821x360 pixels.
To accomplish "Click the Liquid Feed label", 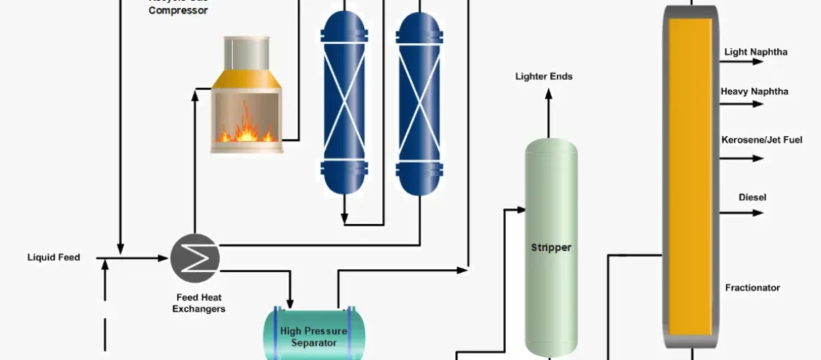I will [53, 257].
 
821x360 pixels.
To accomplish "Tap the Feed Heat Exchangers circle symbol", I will [195, 258].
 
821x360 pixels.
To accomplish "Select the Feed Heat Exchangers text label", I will [201, 303].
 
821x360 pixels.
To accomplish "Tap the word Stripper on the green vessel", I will [551, 248].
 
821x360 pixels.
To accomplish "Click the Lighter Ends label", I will [544, 76].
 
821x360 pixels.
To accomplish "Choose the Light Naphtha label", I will [755, 52].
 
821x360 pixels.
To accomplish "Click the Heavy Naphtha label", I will [754, 91].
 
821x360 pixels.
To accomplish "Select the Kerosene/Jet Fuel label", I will [761, 139].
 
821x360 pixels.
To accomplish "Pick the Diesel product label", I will [752, 197].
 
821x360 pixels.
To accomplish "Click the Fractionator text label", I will [752, 288].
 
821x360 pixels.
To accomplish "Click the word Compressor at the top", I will [179, 11].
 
